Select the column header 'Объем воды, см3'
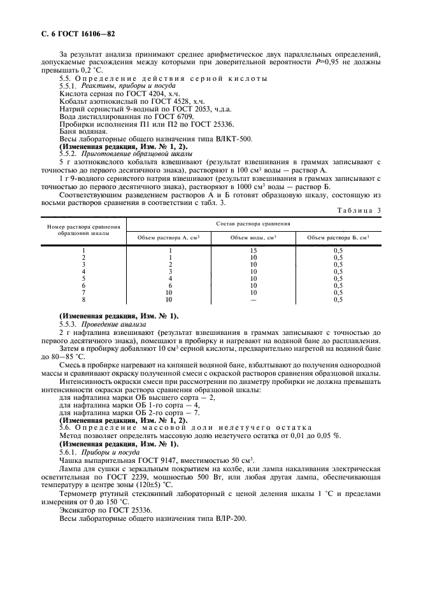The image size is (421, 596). [253, 238]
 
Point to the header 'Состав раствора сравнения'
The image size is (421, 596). [253, 223]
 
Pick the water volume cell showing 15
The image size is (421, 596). [253, 250]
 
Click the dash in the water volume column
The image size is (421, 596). [253, 299]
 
